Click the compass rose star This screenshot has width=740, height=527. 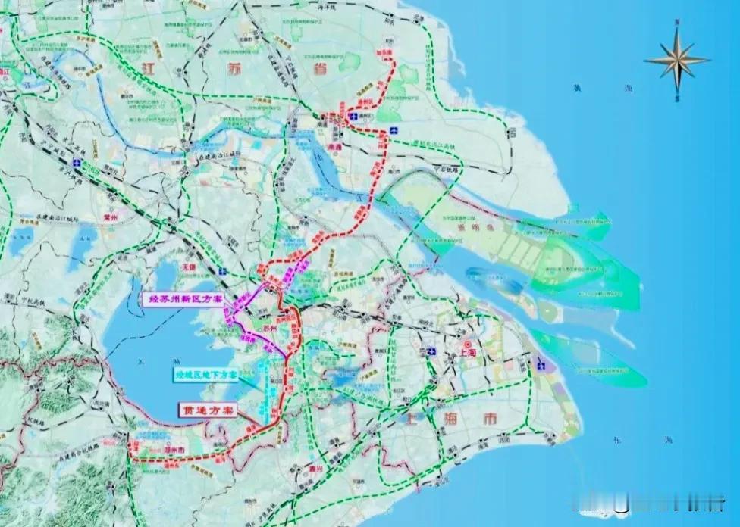676,60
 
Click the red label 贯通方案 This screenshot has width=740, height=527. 206,409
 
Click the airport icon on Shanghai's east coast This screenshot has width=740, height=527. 541,364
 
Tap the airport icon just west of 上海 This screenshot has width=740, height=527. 430,351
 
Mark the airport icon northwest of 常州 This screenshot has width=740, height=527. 77,163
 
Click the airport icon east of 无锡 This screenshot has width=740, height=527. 221,270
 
